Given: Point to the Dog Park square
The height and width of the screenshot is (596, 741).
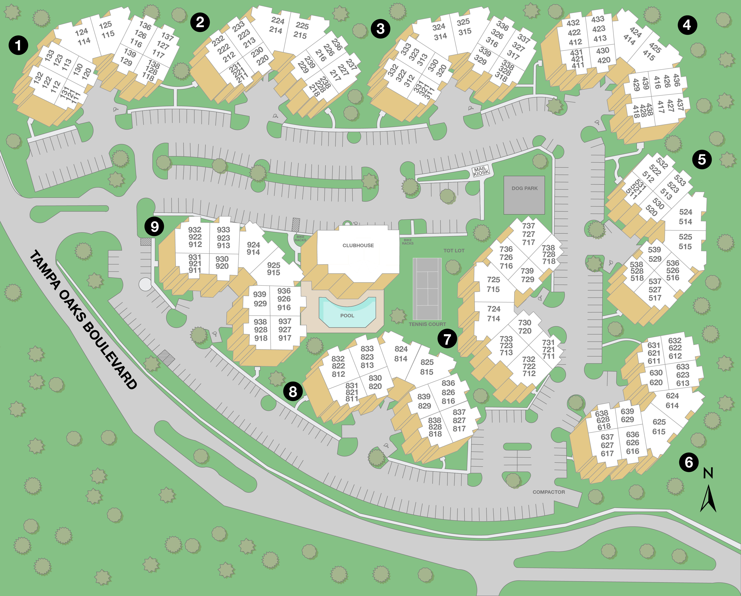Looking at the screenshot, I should (524, 195).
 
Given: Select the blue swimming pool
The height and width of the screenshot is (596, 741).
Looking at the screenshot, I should (347, 312).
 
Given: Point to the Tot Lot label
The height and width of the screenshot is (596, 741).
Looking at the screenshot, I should (454, 250).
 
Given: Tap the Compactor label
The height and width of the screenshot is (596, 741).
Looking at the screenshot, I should (549, 492).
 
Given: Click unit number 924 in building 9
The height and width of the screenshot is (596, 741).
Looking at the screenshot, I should (253, 245).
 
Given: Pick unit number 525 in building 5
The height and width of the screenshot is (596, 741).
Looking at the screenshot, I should (685, 237).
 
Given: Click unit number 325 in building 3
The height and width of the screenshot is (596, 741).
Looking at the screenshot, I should (463, 22).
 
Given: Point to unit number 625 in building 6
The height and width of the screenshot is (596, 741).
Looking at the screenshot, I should (659, 422).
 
